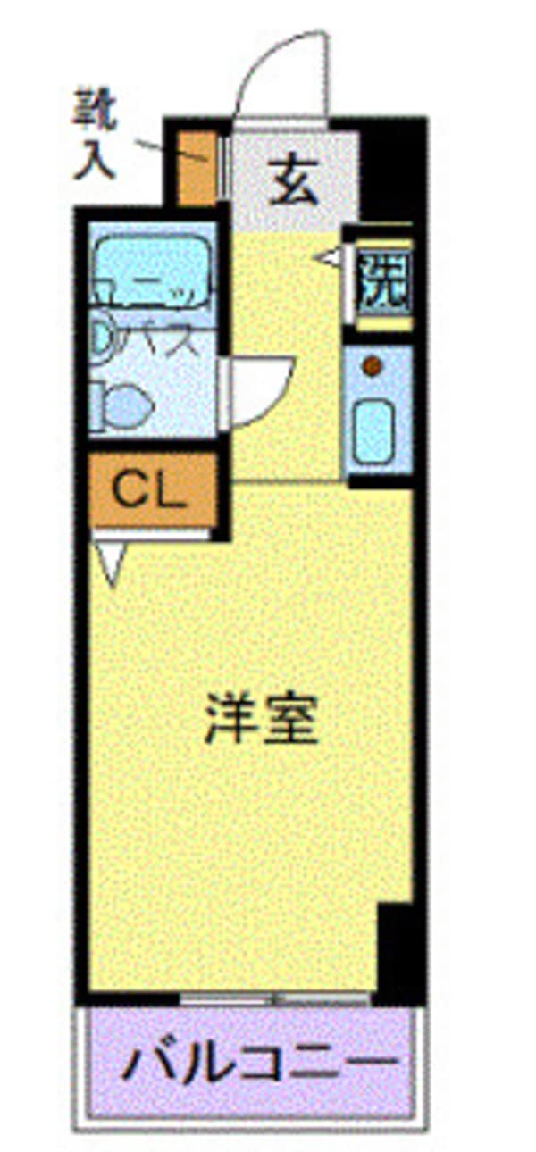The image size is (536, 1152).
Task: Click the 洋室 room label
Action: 261,722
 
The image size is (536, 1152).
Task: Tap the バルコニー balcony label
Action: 260,1063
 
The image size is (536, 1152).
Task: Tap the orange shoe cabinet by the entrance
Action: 196,168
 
